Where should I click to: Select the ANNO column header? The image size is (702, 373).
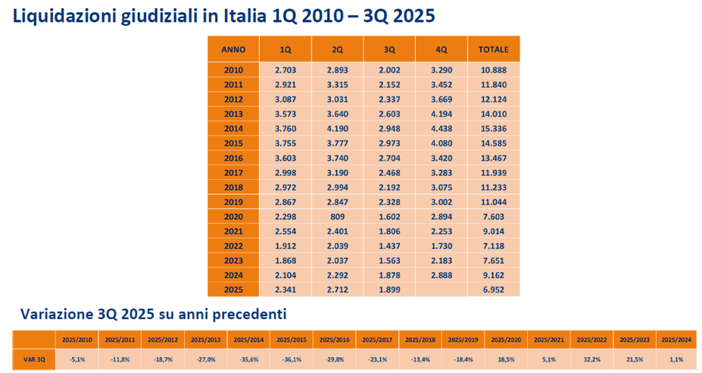click(x=233, y=49)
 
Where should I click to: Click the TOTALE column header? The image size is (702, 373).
click(x=493, y=49)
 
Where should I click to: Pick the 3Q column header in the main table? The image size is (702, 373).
click(x=389, y=49)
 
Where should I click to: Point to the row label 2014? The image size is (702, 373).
click(x=233, y=128)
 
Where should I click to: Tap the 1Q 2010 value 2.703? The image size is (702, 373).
click(x=285, y=71)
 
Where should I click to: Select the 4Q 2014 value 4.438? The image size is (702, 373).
click(x=441, y=128)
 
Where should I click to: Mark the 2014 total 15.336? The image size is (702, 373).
click(x=493, y=128)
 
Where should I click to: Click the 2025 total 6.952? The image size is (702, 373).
click(x=493, y=290)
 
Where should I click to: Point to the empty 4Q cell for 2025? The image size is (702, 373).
click(x=441, y=290)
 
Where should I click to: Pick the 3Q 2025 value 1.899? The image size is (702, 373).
click(x=389, y=290)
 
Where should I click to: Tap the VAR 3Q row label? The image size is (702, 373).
click(x=33, y=358)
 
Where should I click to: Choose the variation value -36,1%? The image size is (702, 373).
click(x=290, y=358)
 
